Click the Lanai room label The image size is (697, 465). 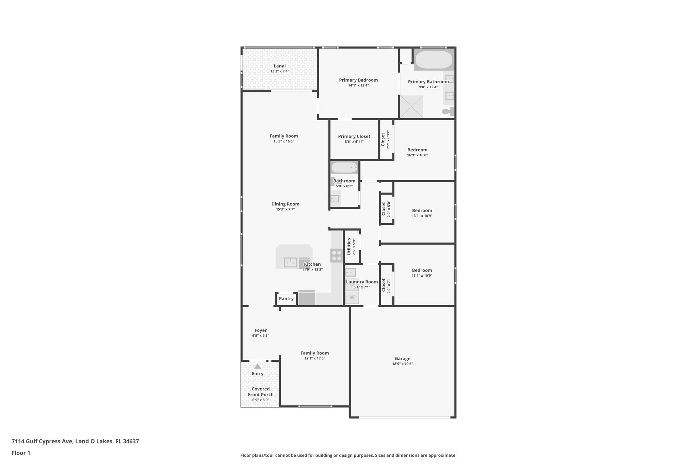coord(279,66)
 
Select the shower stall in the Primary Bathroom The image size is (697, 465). coord(411,107)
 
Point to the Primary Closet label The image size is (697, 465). coord(354,137)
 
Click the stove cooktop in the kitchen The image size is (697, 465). coord(337,255)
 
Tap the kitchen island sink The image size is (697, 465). coord(290,262)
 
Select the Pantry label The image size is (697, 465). coord(286,299)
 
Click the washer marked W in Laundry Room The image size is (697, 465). coord(352,298)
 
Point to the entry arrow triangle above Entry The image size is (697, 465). coord(258,366)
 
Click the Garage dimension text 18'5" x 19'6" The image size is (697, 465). coord(402,364)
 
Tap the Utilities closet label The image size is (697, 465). coord(349,247)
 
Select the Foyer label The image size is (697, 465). coord(260,330)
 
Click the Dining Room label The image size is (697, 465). coord(285,204)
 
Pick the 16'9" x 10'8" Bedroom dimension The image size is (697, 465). coord(417,155)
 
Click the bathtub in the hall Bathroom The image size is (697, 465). coord(344,168)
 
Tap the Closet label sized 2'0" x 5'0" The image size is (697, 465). coord(384,209)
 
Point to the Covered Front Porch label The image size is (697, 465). coord(261,392)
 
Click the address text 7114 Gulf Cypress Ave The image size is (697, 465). coord(42,441)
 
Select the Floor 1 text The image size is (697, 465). coord(21,453)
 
